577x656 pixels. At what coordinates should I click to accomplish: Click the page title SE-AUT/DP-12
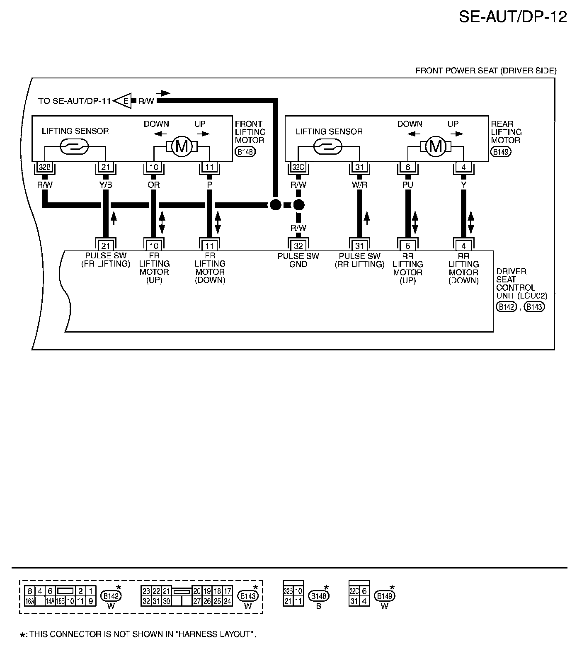[512, 17]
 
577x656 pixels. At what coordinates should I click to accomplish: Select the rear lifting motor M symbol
[435, 146]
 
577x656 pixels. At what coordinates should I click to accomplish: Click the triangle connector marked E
[124, 101]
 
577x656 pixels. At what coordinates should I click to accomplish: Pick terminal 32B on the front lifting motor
[43, 168]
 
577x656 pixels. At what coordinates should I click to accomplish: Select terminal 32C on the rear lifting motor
[297, 168]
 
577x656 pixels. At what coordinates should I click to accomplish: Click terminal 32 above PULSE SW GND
[298, 246]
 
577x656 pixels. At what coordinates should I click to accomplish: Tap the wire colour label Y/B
[106, 185]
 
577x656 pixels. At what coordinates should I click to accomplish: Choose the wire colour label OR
[154, 185]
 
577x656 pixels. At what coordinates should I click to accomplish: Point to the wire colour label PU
[407, 185]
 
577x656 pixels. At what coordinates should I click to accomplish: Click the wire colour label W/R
[359, 185]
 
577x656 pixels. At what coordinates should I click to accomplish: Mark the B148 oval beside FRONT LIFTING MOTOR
[245, 152]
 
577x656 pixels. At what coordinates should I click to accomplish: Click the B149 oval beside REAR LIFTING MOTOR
[501, 152]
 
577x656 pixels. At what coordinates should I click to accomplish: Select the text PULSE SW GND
[298, 260]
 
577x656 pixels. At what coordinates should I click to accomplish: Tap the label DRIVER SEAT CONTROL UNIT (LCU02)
[521, 284]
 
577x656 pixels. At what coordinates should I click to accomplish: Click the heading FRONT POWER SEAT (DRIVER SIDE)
[486, 71]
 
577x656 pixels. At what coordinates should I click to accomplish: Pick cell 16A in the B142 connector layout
[29, 600]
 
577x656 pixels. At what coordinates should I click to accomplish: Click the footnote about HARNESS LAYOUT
[139, 634]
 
